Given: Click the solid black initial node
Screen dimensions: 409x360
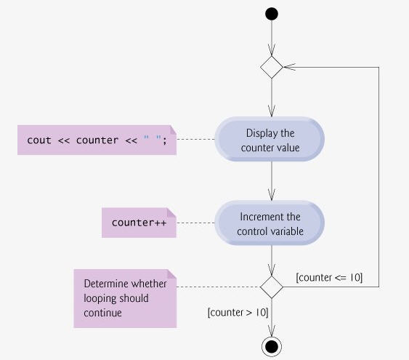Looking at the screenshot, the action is (x=272, y=14).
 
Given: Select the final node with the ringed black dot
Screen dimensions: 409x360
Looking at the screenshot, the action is (x=272, y=347).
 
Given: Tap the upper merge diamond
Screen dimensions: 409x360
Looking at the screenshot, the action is (x=272, y=67).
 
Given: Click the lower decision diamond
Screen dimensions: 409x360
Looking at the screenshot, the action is (x=272, y=287).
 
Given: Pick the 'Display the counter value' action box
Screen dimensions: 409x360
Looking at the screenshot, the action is (x=270, y=139).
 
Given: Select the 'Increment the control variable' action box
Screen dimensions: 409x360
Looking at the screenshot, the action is (x=270, y=223).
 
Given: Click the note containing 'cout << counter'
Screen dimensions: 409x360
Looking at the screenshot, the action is (x=97, y=140).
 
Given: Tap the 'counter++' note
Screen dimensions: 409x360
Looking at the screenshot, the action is (x=139, y=223).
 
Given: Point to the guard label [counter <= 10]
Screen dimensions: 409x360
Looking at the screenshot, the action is (x=329, y=277).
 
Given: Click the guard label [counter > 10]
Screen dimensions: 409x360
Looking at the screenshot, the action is (x=238, y=312).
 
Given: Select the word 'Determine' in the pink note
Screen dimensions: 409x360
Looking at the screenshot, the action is (x=106, y=284).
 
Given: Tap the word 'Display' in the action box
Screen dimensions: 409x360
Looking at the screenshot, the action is (x=262, y=133).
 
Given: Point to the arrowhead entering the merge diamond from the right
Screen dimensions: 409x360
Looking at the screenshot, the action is (x=289, y=67).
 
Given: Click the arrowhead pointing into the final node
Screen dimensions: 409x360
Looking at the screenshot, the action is (x=272, y=331).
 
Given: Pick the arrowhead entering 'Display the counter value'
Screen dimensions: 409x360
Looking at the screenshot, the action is (x=272, y=111).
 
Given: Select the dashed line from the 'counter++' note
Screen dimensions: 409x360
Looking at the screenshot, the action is (x=195, y=223).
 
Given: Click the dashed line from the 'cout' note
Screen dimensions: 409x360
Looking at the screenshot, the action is (x=195, y=139).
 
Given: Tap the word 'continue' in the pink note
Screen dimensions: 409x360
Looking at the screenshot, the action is (x=102, y=313).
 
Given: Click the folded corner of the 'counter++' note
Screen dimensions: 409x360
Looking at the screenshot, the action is (x=171, y=212).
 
